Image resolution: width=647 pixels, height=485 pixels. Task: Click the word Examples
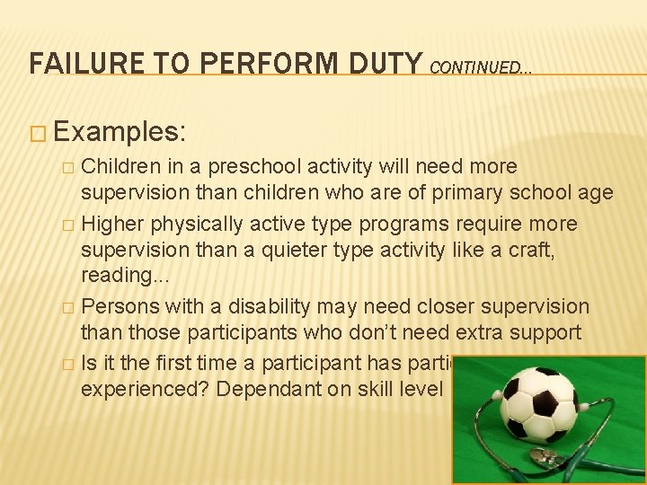coord(120,132)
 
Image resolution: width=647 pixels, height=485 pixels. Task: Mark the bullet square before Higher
coord(69,224)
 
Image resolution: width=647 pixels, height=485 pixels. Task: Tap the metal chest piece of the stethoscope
coord(544,456)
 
